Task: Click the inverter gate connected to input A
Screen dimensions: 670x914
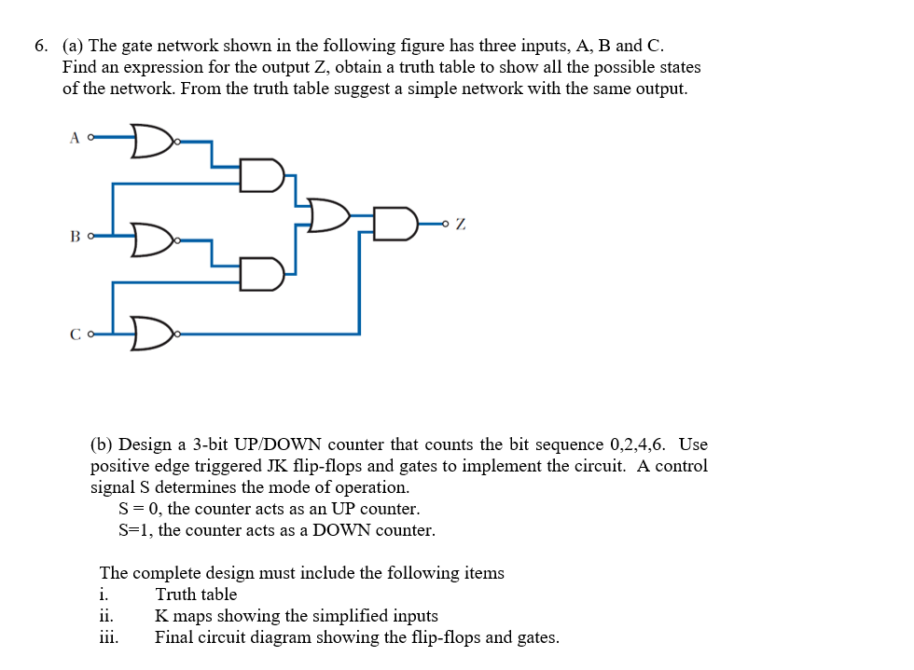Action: (152, 140)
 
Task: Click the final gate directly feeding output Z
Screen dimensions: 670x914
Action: (395, 225)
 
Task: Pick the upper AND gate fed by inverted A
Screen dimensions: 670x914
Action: (261, 175)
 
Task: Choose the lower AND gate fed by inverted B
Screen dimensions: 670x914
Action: (261, 273)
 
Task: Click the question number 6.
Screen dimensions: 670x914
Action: (41, 46)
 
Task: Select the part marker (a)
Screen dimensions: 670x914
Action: (74, 46)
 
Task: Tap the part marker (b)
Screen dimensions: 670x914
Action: (102, 444)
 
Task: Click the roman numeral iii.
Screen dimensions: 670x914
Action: (108, 637)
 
